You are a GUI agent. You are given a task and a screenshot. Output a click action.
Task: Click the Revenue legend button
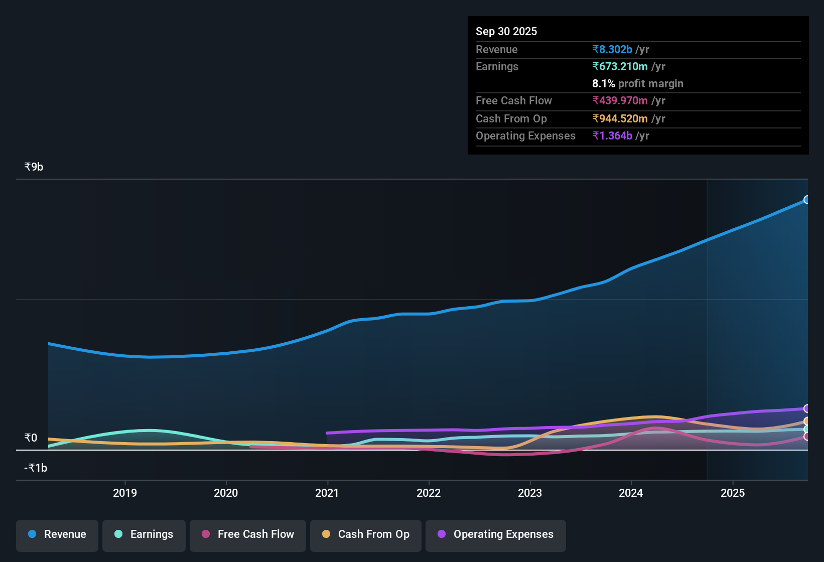(x=57, y=534)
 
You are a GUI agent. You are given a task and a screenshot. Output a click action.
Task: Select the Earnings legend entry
(x=144, y=534)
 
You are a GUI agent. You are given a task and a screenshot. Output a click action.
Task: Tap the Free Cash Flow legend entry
(x=248, y=534)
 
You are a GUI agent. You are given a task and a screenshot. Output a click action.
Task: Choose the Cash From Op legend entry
(x=366, y=534)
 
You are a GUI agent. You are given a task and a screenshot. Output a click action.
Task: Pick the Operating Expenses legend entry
(x=496, y=534)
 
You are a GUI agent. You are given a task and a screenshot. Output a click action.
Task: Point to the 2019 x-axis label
(x=125, y=493)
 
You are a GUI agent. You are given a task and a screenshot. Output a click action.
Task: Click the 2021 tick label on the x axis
(x=327, y=493)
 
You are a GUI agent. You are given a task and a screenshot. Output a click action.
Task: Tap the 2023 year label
(x=530, y=493)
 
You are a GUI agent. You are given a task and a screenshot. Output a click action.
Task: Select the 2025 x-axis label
(x=733, y=493)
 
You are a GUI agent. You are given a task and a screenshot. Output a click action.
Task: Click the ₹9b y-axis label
(x=34, y=167)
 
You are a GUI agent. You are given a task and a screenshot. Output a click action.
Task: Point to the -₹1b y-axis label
(x=36, y=468)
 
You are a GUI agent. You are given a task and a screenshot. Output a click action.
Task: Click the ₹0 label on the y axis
(x=31, y=438)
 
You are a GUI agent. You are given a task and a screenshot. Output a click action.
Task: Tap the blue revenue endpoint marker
(x=806, y=200)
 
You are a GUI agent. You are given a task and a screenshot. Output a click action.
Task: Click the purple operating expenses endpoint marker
(x=806, y=408)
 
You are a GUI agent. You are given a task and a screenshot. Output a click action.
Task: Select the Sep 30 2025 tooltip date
(x=506, y=32)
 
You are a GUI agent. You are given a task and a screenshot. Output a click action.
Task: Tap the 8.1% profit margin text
(x=637, y=84)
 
